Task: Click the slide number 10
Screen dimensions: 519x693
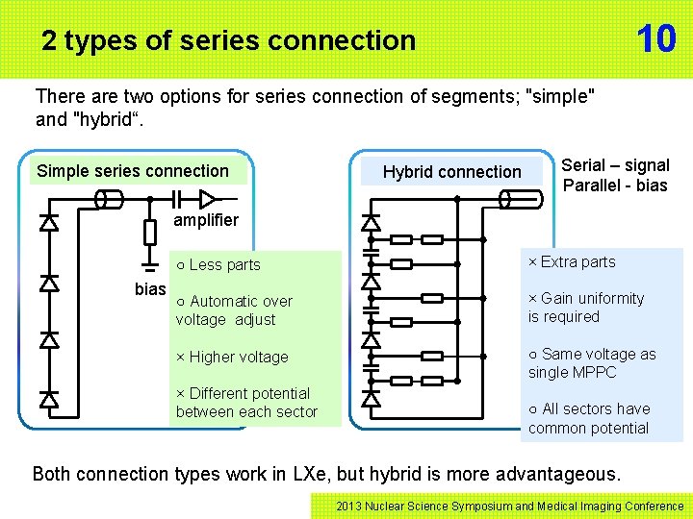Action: (655, 38)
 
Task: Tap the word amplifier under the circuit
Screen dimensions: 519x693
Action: (205, 220)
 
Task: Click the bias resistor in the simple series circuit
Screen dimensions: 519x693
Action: (149, 232)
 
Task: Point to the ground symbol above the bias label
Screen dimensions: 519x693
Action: (149, 261)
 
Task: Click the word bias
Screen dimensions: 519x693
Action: (150, 289)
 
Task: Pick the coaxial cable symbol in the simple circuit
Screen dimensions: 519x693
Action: (109, 199)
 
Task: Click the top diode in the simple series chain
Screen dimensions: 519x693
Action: (48, 223)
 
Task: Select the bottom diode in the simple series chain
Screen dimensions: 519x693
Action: (48, 398)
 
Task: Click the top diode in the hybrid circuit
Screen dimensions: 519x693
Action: (370, 223)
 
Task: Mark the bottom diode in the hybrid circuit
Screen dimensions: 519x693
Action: (370, 398)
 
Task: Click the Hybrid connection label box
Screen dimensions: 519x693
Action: (451, 172)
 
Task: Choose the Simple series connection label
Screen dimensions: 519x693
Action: (133, 171)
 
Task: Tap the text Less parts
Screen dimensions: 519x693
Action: (218, 264)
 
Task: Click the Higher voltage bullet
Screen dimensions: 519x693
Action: (232, 357)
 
